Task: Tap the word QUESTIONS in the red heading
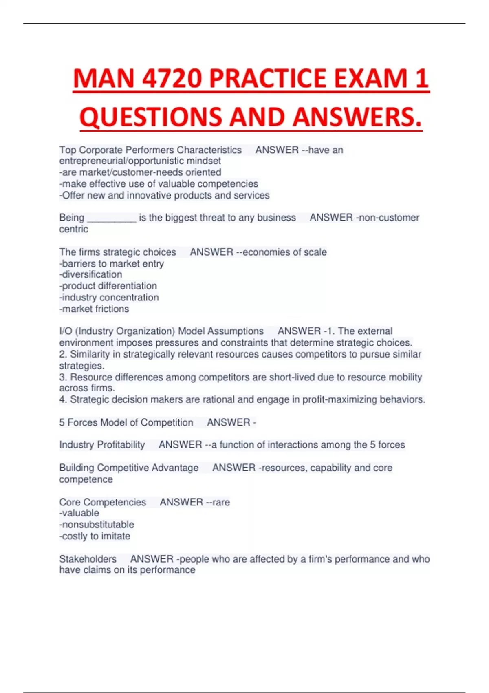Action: click(150, 117)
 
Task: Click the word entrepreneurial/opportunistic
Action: click(121, 161)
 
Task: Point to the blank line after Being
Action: click(112, 218)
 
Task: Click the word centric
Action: click(73, 229)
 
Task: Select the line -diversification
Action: click(90, 274)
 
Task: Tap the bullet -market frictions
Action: click(94, 309)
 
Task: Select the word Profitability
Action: click(121, 445)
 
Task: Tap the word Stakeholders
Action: click(88, 559)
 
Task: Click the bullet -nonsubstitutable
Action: click(97, 525)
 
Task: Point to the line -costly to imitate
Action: click(95, 536)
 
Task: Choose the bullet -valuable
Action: click(79, 513)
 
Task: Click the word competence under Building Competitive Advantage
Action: click(86, 479)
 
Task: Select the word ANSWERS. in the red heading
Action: click(357, 117)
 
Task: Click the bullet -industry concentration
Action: click(109, 298)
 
